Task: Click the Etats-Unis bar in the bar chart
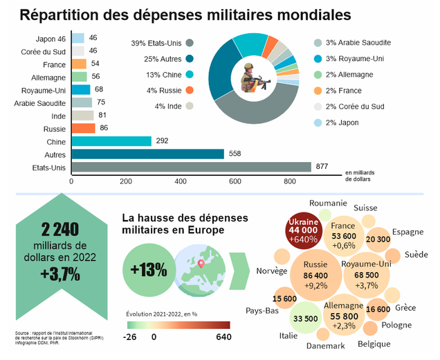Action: [192, 166]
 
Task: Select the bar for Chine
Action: [111, 141]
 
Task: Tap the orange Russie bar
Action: [83, 128]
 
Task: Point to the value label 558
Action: [235, 154]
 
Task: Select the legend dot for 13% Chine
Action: [189, 75]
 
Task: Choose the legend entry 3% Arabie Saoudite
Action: [356, 44]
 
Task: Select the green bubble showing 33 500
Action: [305, 318]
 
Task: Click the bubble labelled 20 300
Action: [378, 239]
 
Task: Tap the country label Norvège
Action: [271, 271]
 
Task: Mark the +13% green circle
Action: [147, 269]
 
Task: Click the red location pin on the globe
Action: [201, 262]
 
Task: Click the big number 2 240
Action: [60, 229]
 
